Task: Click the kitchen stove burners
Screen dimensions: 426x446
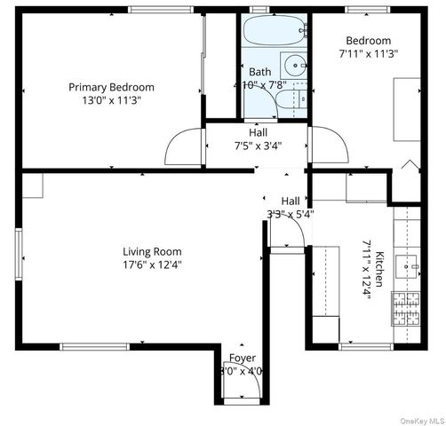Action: point(407,307)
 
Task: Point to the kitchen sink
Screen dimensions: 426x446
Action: point(410,264)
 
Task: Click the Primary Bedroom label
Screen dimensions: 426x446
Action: point(112,87)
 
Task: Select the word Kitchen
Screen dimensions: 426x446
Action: point(379,269)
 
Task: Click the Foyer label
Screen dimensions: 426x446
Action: point(243,358)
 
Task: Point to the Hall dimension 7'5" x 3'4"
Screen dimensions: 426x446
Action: point(258,146)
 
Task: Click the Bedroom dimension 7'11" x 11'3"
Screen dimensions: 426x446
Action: point(368,53)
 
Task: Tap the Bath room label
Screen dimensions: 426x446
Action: point(260,72)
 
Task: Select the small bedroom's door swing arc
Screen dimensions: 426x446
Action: point(327,145)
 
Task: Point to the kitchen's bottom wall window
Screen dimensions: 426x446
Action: point(366,346)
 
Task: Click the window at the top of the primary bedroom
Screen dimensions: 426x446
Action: point(160,10)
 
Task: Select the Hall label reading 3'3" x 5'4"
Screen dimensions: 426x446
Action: point(291,207)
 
